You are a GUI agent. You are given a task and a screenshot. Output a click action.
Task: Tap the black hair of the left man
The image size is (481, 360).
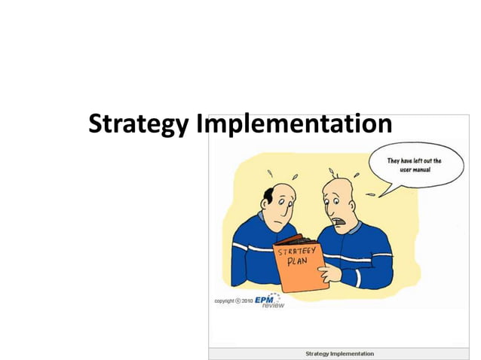click(x=267, y=195)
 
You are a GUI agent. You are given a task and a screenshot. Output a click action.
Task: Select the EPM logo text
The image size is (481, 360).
click(x=265, y=299)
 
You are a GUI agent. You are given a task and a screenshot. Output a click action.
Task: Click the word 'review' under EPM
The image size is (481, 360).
click(x=273, y=306)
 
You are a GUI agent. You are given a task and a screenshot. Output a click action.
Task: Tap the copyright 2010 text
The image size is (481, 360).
click(x=233, y=300)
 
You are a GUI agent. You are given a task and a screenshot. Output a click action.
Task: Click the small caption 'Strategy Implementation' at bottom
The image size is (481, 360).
click(x=339, y=353)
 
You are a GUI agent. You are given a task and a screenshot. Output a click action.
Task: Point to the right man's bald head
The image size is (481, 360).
click(x=336, y=183)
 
